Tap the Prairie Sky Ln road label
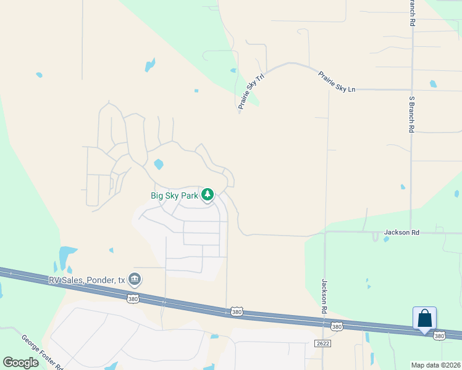[337, 82]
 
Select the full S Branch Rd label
[411, 115]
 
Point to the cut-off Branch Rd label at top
[411, 12]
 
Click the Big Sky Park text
[175, 195]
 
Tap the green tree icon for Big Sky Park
[208, 195]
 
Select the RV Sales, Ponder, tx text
[87, 280]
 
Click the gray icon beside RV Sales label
[134, 280]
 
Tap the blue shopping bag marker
[424, 319]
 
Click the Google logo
[20, 362]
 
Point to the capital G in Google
[7, 362]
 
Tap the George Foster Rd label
[43, 353]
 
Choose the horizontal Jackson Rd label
[401, 232]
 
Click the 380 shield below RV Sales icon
[133, 299]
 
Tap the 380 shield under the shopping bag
[439, 335]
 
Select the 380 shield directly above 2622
[335, 326]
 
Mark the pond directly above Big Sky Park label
[159, 165]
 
